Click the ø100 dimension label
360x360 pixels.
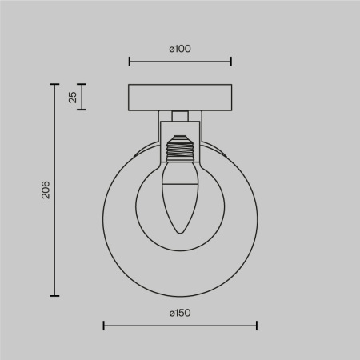pos(180,49)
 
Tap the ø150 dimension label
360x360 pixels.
pos(180,313)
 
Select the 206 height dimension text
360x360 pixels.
pos(46,190)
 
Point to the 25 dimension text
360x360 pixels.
pos(73,98)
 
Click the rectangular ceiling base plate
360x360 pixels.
pos(180,97)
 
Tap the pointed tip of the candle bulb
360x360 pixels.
pos(180,233)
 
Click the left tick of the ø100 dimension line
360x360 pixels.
pos(130,61)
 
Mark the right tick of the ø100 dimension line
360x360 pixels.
pos(231,61)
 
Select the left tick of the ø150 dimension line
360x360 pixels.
pos(104,326)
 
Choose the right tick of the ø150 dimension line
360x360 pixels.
pos(257,326)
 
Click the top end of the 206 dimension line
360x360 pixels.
pos(55,83)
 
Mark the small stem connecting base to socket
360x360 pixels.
pos(180,114)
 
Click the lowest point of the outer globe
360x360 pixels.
pos(180,295)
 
